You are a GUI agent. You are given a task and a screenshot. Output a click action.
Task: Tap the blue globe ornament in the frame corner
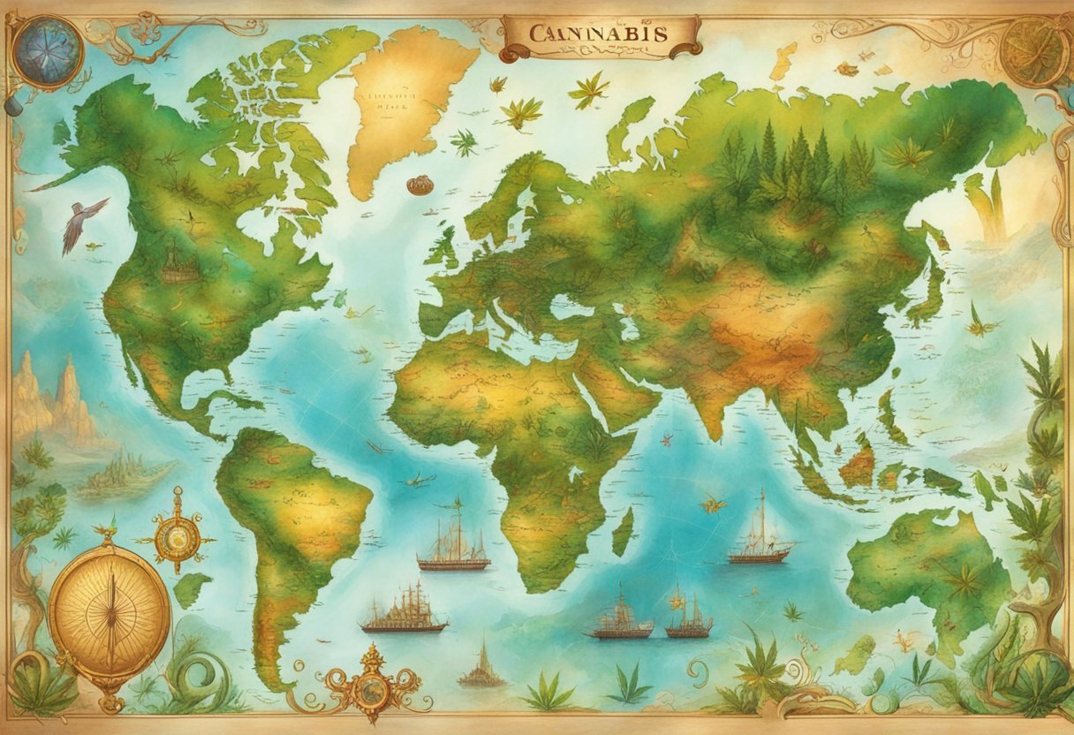(49, 52)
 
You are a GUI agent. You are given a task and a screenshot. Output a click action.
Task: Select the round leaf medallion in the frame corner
(1032, 50)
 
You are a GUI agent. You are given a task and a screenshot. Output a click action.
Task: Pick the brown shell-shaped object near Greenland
(420, 185)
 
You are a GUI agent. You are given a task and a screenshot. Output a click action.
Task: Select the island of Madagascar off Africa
(623, 531)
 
